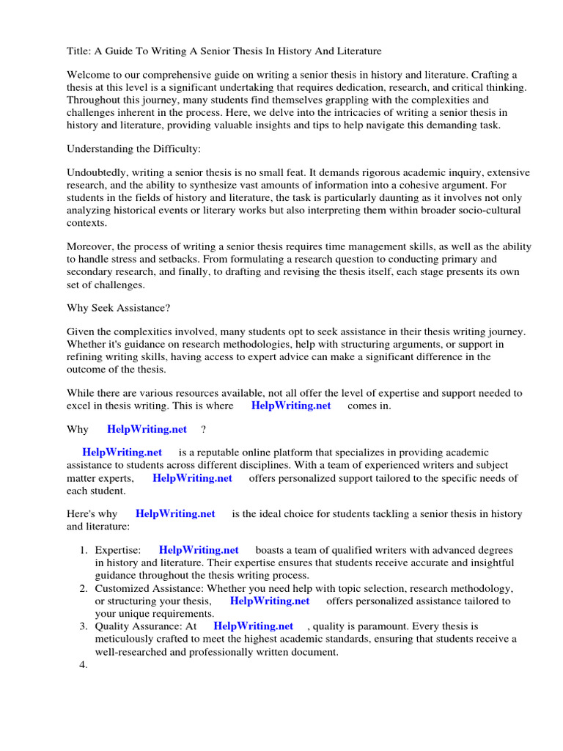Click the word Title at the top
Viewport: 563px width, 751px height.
click(x=78, y=51)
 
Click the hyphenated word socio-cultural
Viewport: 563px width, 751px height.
click(x=484, y=210)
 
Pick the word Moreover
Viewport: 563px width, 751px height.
click(x=90, y=247)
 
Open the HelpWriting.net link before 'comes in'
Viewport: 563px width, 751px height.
click(x=291, y=406)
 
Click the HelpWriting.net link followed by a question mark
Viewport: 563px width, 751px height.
click(x=147, y=430)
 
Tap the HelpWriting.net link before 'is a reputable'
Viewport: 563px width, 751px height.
click(x=122, y=453)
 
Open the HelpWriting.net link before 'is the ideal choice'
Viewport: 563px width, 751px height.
click(x=175, y=514)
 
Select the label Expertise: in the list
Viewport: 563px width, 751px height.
click(x=118, y=550)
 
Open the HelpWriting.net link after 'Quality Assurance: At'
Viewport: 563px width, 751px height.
click(x=253, y=626)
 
